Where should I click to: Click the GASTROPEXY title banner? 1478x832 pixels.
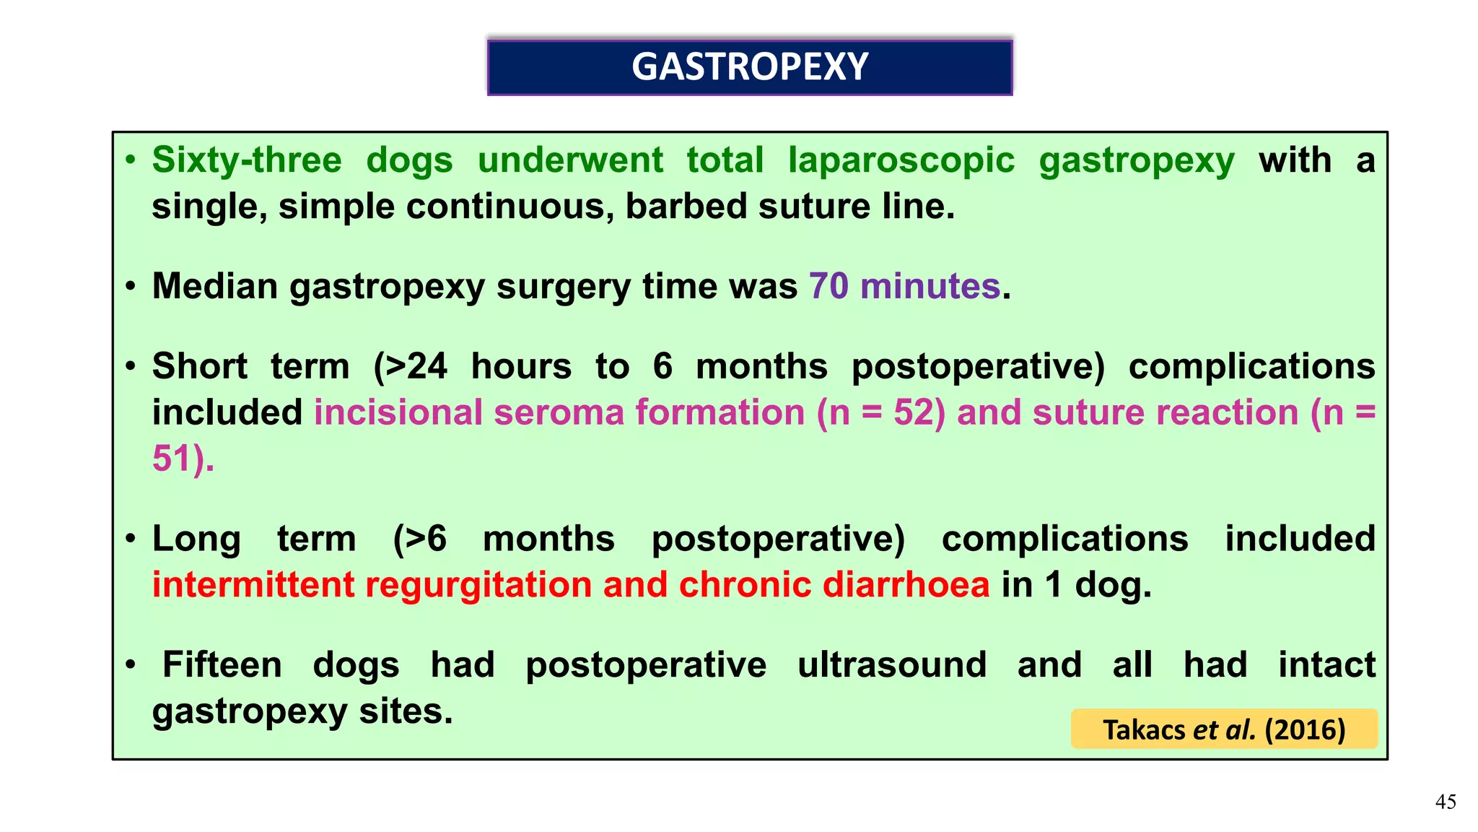[750, 67]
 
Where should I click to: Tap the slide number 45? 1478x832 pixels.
[1445, 802]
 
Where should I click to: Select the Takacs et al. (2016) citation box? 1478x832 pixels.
[1224, 729]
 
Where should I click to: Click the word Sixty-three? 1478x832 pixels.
[246, 160]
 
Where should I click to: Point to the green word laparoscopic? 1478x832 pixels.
[901, 160]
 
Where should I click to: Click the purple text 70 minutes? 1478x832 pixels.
[904, 286]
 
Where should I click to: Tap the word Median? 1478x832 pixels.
[215, 286]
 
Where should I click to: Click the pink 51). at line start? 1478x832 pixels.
[183, 459]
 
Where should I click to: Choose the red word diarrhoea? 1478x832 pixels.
[906, 585]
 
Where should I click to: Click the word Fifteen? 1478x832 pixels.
[222, 664]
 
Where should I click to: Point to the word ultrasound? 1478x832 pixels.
[891, 664]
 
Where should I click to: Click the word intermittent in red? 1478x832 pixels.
[253, 585]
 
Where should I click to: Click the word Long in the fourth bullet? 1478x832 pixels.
[196, 539]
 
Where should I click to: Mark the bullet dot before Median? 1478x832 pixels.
[130, 287]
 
